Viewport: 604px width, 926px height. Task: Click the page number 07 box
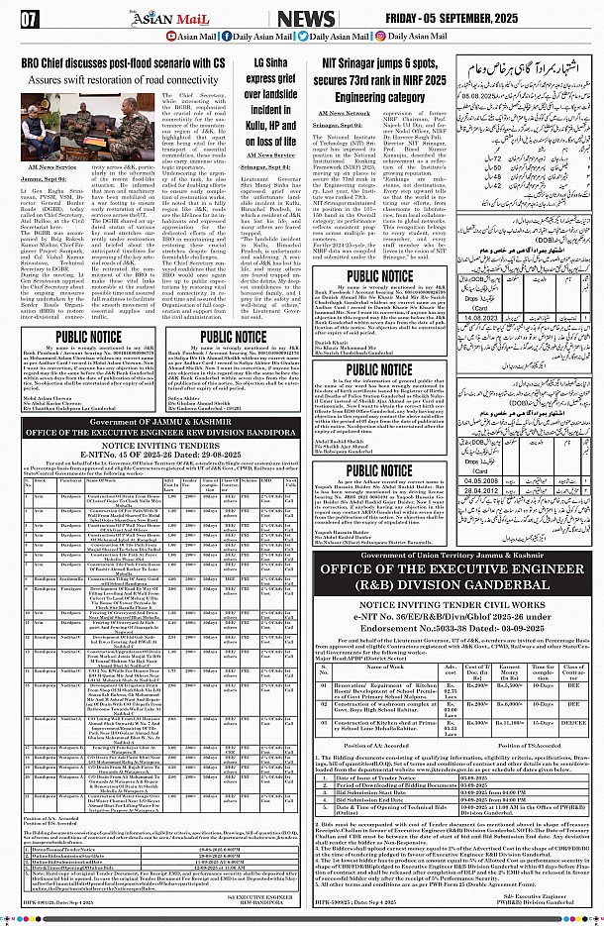(x=30, y=19)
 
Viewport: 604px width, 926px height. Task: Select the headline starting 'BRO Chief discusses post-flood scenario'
(x=130, y=61)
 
